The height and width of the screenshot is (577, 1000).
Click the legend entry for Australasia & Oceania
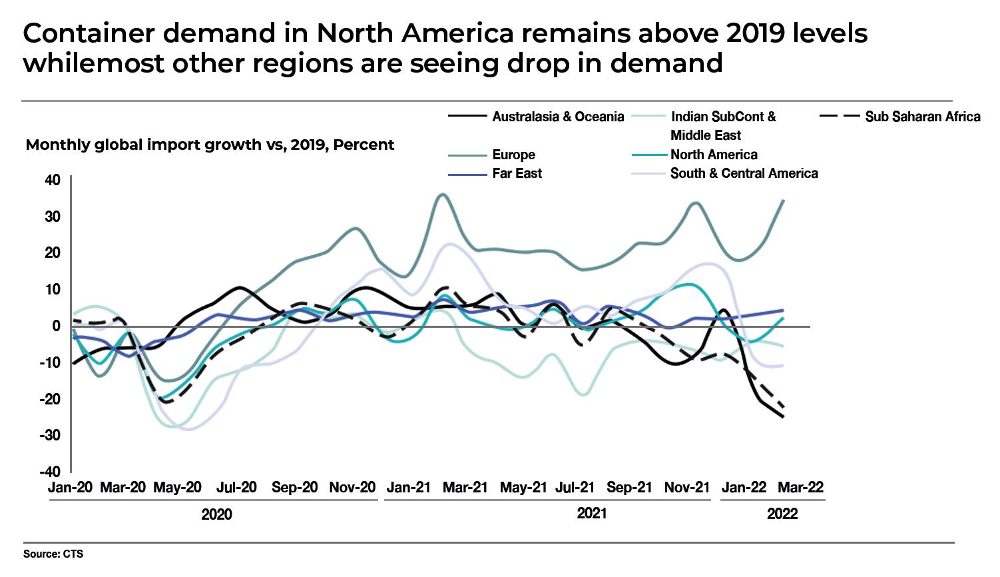click(x=558, y=117)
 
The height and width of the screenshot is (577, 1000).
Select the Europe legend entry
click(x=513, y=155)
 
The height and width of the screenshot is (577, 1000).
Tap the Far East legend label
click(x=517, y=173)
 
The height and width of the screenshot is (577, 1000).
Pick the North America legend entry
click(x=714, y=155)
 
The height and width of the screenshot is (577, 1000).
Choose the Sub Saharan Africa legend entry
click(x=922, y=117)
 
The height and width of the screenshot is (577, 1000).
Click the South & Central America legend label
click(x=744, y=173)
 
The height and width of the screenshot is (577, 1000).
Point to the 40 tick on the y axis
click(x=53, y=180)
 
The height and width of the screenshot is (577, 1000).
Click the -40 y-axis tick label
click(x=50, y=472)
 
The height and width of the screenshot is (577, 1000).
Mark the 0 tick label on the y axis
click(x=57, y=326)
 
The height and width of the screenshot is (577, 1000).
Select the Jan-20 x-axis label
click(x=70, y=487)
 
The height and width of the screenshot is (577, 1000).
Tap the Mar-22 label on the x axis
click(x=801, y=487)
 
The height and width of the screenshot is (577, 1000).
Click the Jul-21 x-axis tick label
click(x=575, y=487)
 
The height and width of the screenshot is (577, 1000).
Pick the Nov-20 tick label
click(x=352, y=487)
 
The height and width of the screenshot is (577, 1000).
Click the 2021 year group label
click(x=591, y=514)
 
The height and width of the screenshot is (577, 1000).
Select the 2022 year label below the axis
click(x=782, y=514)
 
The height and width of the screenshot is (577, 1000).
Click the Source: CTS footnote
click(x=53, y=554)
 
